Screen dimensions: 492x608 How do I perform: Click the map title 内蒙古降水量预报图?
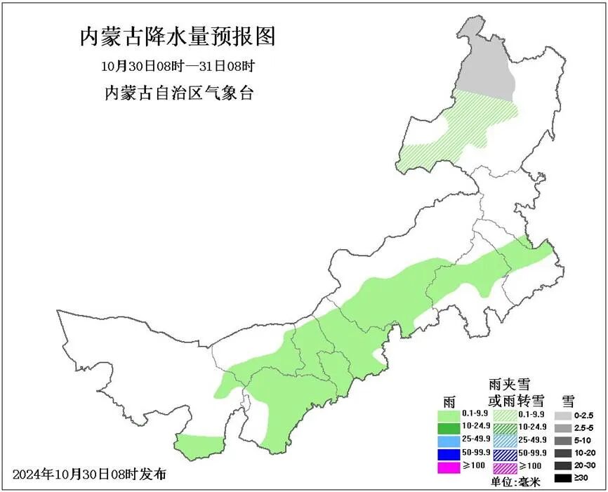tap(177, 36)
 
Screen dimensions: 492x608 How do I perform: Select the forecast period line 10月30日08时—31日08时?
tap(177, 67)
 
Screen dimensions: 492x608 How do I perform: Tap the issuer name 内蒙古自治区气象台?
tap(178, 93)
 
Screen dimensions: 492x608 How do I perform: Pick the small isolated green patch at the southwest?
tap(199, 444)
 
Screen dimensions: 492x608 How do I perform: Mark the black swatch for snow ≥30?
tap(563, 478)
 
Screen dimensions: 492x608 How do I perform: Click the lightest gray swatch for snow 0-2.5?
tap(563, 415)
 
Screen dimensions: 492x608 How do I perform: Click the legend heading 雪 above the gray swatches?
tap(567, 401)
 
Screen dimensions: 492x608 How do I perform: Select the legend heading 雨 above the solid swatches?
tap(449, 401)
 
